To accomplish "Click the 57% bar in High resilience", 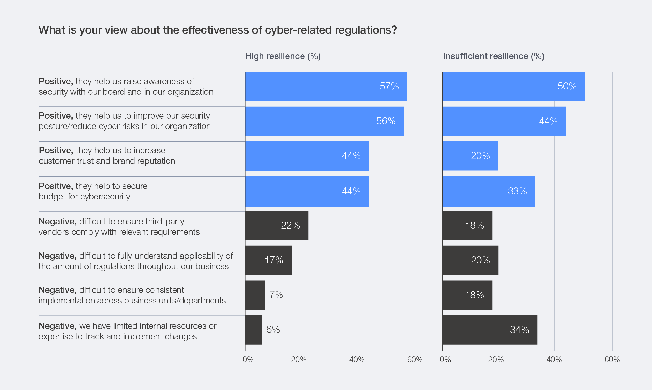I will [326, 86].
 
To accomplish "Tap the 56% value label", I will [386, 121].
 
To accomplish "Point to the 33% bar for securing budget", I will [489, 191].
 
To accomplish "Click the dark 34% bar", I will [490, 330].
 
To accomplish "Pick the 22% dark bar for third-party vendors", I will [277, 225].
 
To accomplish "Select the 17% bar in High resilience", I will [268, 260].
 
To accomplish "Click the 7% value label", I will [276, 295].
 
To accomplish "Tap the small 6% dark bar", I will [253, 330].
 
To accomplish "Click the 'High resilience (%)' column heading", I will [283, 56].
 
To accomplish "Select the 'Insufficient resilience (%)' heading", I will [493, 56].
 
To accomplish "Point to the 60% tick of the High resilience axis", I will [415, 360].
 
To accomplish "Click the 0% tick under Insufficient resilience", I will [445, 360].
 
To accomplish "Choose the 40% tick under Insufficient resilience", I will [554, 360].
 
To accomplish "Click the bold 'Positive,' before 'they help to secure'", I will [56, 186].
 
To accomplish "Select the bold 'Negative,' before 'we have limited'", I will [57, 326].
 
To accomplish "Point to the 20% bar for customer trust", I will [470, 156].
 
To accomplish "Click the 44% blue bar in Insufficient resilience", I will [504, 121].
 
